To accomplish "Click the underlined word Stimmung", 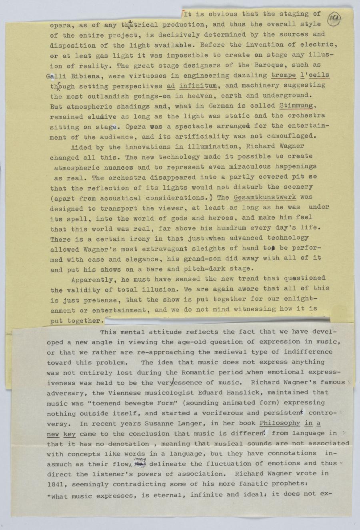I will (x=296, y=106).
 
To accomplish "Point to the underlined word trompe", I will (x=284, y=75).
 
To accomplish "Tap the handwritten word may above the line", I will (x=140, y=459).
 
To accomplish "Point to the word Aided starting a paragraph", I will (x=81, y=147).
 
